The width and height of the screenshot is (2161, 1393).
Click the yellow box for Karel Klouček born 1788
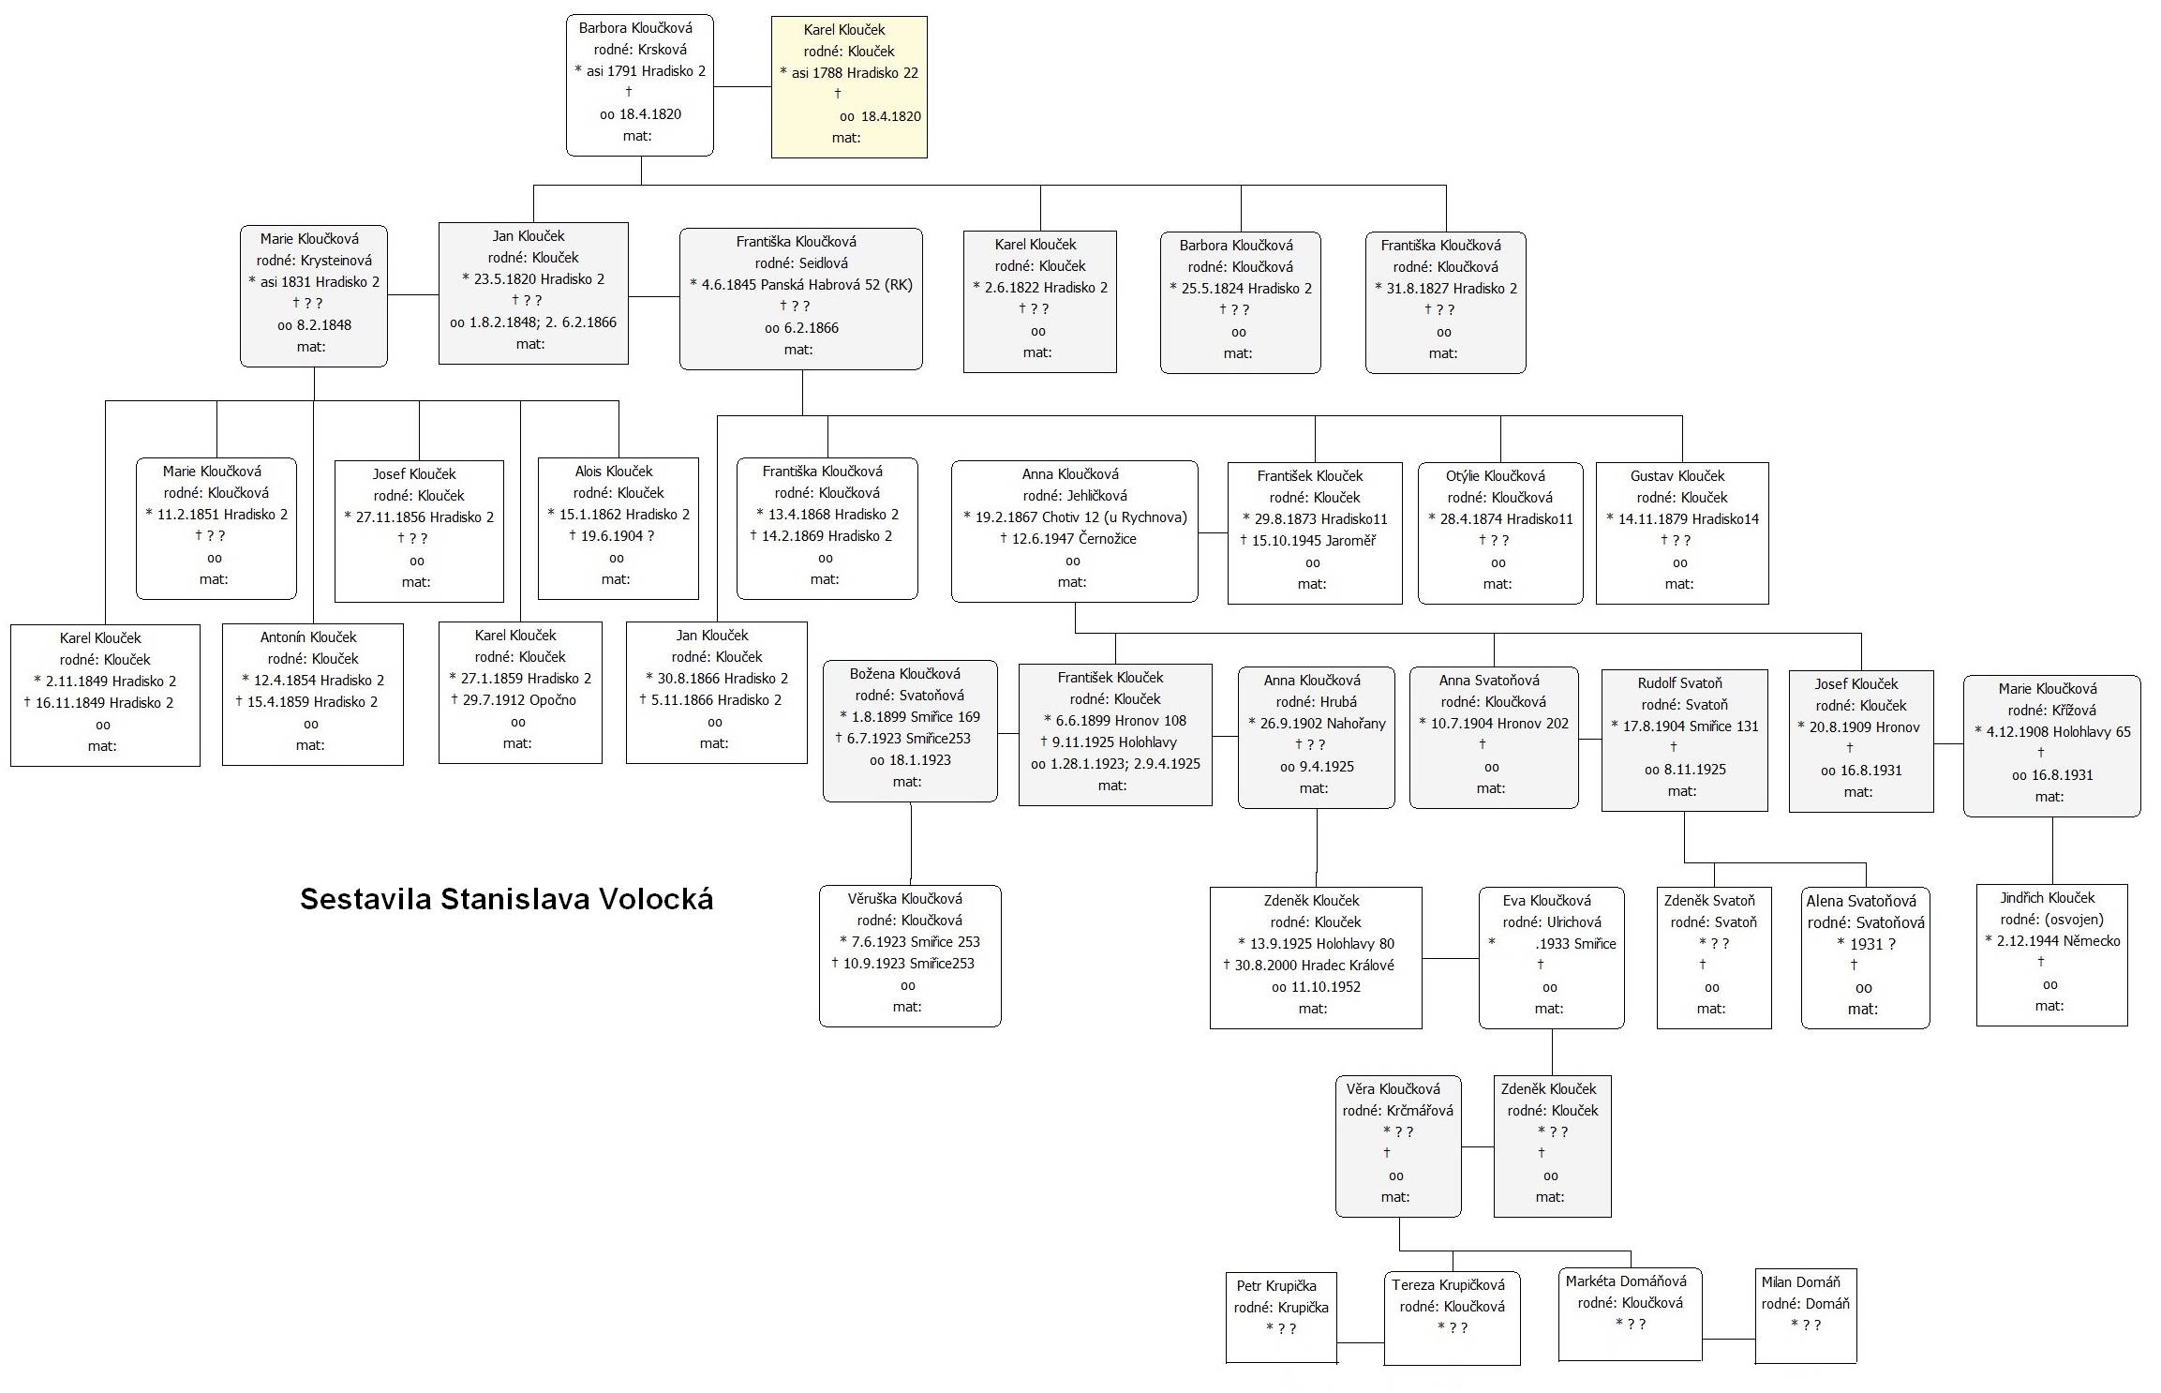(849, 86)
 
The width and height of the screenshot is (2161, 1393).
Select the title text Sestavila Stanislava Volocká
(506, 899)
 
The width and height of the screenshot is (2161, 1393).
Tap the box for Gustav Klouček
(1682, 532)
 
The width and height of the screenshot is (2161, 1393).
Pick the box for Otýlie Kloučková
(1499, 532)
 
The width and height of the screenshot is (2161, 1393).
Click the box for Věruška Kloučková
(909, 955)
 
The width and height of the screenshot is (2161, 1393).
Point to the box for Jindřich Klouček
(2051, 954)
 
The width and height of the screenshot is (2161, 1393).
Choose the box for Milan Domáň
(1805, 1315)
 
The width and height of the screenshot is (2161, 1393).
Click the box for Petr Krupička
(1280, 1316)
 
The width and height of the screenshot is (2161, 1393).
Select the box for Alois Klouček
(618, 528)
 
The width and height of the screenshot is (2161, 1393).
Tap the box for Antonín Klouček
(312, 694)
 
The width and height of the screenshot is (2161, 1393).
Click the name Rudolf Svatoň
(1680, 683)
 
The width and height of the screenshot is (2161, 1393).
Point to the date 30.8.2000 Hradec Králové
(1314, 966)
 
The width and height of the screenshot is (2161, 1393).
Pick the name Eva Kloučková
(1547, 901)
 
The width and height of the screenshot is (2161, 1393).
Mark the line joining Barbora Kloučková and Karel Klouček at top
(742, 87)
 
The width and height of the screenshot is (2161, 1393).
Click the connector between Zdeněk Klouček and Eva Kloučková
(1450, 958)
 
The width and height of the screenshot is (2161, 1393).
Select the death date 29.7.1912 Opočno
(519, 700)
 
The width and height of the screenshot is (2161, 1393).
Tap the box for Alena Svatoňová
(1865, 957)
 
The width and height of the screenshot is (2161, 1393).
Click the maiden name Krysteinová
(314, 261)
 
